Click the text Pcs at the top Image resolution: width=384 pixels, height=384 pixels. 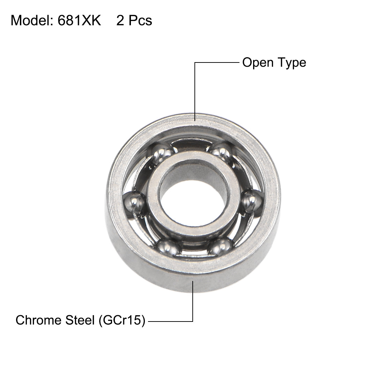(x=140, y=21)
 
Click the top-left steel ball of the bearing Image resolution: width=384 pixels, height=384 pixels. (x=162, y=152)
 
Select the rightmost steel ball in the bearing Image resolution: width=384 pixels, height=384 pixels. (x=252, y=202)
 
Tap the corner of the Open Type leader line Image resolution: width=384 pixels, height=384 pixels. (x=194, y=63)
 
